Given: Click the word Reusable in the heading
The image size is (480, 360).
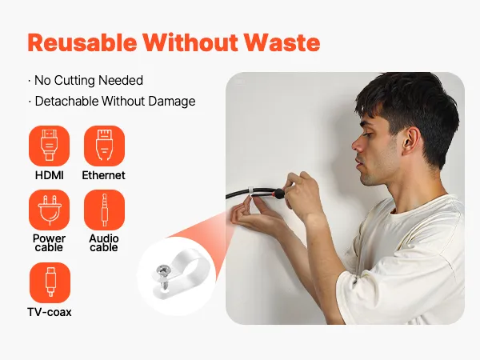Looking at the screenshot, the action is pos(82,42).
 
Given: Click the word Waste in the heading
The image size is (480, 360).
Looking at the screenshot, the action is pos(282,42).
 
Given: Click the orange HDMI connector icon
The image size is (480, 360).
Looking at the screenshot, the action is pos(49,146).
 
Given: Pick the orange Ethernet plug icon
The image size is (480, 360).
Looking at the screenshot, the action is pos(104,146).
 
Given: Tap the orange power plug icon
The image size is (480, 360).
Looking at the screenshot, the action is pos(49,210).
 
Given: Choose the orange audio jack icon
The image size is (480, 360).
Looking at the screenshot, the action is pos(104,210).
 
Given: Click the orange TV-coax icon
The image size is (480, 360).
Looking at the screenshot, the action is pos(50,282).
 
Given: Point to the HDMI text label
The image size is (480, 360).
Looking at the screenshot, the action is pos(50,175).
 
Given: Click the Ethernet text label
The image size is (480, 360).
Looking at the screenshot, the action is pos(104,175).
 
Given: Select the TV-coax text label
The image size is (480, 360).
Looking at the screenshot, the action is pos(50,312).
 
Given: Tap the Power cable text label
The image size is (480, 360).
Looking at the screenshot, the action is pos(49,242).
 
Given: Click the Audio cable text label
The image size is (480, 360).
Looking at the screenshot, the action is pos(104,242).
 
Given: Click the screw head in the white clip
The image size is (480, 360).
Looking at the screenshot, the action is pos(162,270).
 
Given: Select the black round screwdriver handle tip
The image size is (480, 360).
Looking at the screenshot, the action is pos(279,194).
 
